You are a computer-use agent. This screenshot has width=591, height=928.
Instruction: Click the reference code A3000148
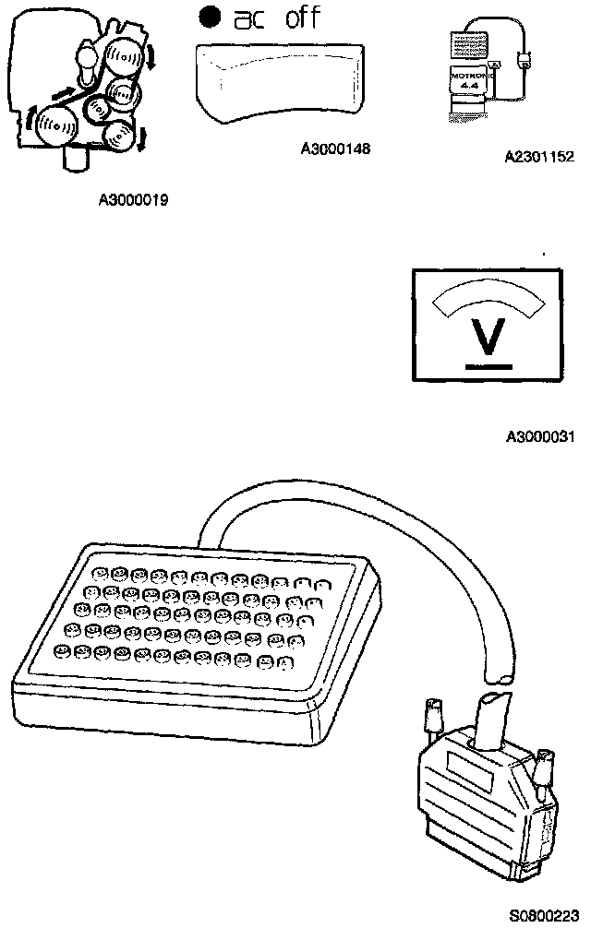pos(335,148)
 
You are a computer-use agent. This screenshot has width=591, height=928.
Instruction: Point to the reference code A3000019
pos(133,197)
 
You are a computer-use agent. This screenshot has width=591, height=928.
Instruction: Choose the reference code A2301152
pos(539,158)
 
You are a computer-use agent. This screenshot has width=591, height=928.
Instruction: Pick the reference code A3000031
pos(539,435)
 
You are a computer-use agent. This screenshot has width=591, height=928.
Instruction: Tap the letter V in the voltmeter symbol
pos(488,337)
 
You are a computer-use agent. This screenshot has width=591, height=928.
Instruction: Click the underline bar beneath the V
pos(488,365)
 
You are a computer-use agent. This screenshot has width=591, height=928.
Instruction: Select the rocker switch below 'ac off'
pos(277,83)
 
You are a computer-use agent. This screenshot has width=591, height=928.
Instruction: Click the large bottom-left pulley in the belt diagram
pos(57,124)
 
